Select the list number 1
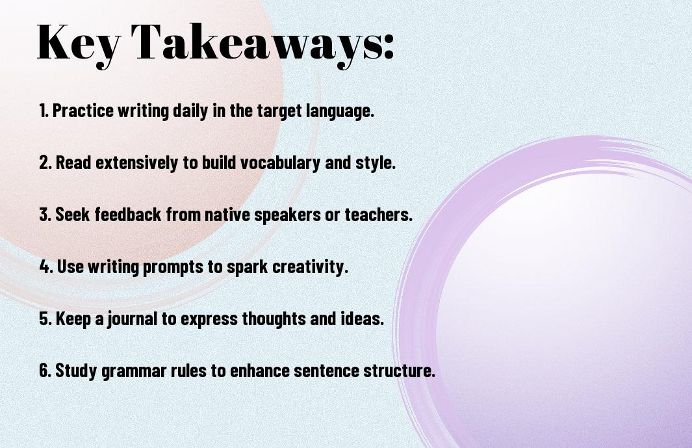click(44, 111)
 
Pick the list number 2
click(45, 163)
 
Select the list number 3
click(45, 215)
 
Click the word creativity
click(310, 267)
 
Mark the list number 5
click(45, 319)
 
